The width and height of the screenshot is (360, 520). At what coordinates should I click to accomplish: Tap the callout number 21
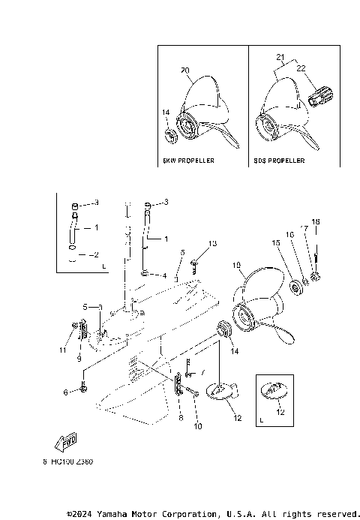[x=280, y=57]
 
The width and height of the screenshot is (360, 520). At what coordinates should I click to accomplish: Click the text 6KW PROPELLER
[x=188, y=161]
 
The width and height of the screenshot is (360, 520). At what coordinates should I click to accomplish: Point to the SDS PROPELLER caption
[x=280, y=161]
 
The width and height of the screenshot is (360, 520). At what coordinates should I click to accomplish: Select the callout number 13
[x=212, y=244]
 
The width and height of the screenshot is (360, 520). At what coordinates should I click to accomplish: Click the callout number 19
[x=237, y=266]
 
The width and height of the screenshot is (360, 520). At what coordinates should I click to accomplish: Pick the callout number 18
[x=316, y=222]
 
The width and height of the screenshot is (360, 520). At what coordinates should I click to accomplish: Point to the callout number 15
[x=276, y=243]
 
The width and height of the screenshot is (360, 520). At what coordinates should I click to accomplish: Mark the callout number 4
[x=163, y=275]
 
